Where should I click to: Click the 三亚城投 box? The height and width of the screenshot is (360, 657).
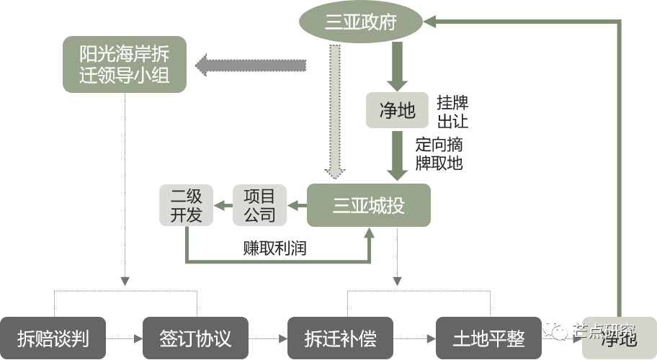point(369,205)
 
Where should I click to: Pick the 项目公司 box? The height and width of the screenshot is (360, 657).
point(259,205)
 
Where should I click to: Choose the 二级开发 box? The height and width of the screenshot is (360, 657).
point(186,205)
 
